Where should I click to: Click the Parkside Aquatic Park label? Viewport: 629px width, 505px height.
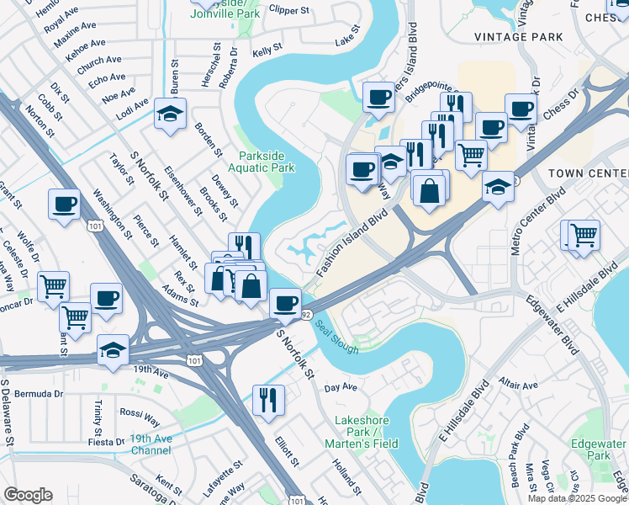267,162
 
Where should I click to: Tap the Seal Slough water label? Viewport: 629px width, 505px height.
338,338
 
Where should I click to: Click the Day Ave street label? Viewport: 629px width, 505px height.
341,388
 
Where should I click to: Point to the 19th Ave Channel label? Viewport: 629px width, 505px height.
151,444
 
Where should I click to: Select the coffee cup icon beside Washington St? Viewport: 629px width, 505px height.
64,204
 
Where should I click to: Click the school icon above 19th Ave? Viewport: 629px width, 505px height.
113,348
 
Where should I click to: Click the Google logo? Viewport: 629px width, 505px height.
28,495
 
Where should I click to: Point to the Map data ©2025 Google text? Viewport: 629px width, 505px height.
577,498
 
